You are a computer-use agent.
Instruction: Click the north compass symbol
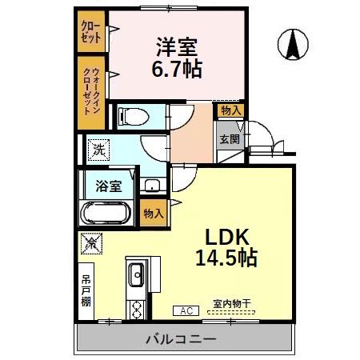pyautogui.click(x=294, y=45)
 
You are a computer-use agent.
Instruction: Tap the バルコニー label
pyautogui.click(x=180, y=339)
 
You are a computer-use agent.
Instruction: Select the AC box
pyautogui.click(x=185, y=310)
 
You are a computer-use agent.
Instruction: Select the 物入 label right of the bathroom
pyautogui.click(x=153, y=213)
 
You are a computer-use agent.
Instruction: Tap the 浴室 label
pyautogui.click(x=109, y=186)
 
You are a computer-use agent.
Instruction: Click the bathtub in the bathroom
pyautogui.click(x=106, y=214)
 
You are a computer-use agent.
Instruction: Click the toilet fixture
pyautogui.click(x=134, y=117)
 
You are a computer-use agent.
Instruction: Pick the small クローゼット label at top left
pyautogui.click(x=89, y=31)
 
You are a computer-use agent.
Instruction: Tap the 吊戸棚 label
pyautogui.click(x=86, y=292)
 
